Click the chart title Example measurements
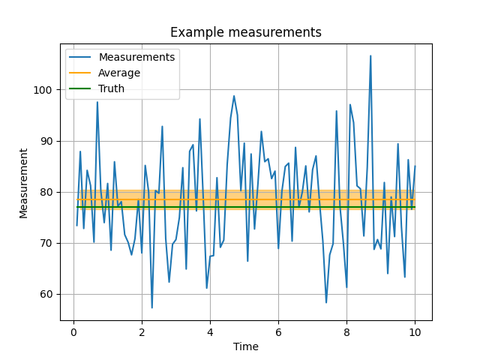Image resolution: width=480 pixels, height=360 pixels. pos(245,32)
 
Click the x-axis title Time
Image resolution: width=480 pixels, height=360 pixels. pos(245,346)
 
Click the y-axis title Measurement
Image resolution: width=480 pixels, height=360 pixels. pos(23,183)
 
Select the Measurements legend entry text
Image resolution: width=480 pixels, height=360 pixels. pos(136,57)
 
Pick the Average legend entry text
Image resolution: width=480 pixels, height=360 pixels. pos(119,73)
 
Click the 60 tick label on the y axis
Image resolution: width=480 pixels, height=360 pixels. pos(46,294)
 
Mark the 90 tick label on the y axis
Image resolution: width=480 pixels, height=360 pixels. pos(46,141)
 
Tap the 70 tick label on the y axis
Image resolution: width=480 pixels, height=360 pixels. pos(46,243)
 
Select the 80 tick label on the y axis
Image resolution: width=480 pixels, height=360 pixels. pos(46,192)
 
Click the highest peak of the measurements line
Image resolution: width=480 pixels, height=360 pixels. pos(370,55)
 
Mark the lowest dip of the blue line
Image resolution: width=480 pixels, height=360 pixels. pos(152,307)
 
